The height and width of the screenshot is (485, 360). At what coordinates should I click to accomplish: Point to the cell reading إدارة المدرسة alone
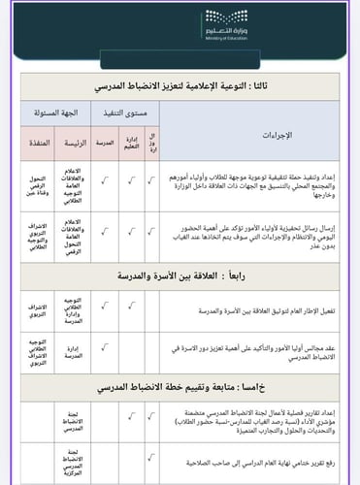click(72, 351)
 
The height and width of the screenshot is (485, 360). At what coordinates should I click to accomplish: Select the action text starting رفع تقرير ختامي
click(262, 461)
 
